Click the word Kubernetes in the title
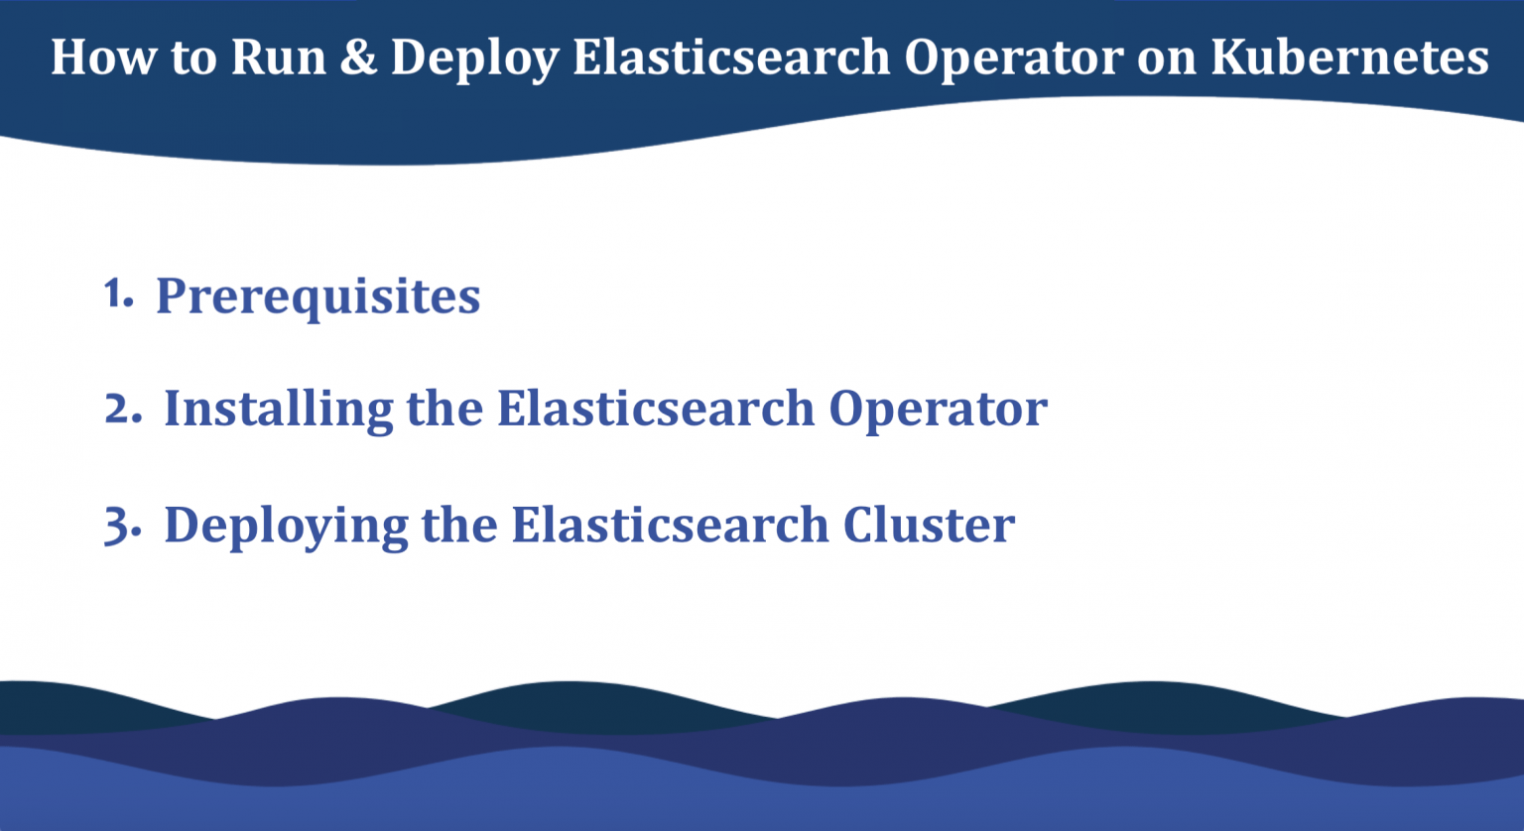click(1349, 57)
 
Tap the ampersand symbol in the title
click(358, 57)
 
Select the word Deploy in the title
click(474, 59)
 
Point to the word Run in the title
click(279, 57)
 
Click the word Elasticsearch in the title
click(731, 57)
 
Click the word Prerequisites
click(317, 296)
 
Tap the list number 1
click(117, 294)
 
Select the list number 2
click(122, 409)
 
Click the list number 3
click(122, 526)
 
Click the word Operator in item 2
click(938, 409)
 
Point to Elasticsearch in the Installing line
click(656, 408)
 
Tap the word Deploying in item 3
click(286, 526)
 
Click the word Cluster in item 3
click(929, 525)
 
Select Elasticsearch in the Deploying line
click(670, 525)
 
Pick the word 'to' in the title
click(192, 57)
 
